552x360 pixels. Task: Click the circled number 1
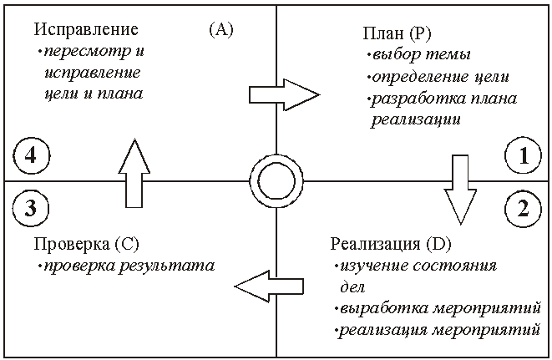coord(523,155)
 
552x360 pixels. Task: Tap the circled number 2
coord(523,208)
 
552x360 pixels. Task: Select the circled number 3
coord(29,208)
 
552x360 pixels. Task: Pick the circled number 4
coord(29,155)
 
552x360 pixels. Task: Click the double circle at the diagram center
coord(276,180)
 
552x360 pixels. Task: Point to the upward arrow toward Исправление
coord(132,173)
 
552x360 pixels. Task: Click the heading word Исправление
coord(86,30)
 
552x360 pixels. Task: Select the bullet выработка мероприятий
coord(438,309)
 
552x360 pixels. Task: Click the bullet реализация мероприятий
coord(440,330)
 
